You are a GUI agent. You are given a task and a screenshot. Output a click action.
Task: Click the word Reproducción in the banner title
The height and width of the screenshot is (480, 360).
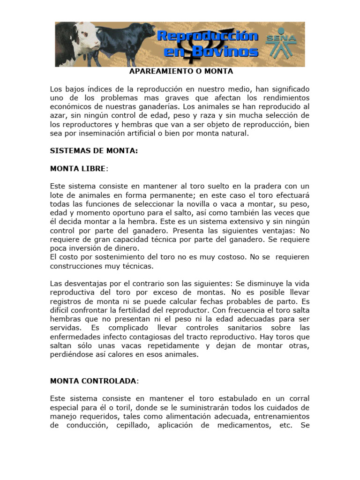click(x=207, y=37)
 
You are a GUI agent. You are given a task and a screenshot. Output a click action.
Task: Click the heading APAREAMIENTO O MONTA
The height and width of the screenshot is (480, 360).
click(x=181, y=72)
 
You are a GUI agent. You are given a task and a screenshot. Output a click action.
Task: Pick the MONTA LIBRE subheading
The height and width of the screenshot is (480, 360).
click(x=78, y=169)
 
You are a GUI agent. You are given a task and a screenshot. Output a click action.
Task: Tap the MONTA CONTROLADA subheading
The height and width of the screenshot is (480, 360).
click(x=93, y=381)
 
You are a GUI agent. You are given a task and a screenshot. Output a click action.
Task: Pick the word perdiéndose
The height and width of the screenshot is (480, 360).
click(x=73, y=355)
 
